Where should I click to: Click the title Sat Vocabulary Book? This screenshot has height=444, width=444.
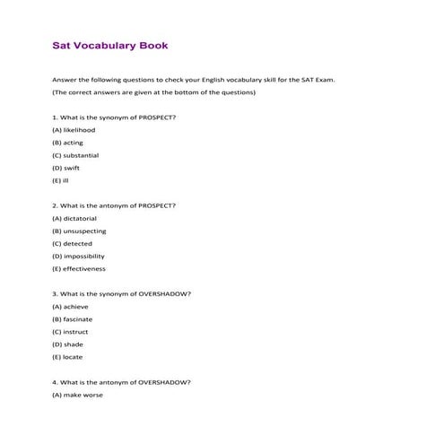click(x=110, y=45)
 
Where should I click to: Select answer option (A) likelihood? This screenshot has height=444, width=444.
click(x=74, y=130)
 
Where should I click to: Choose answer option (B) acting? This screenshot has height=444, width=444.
click(x=68, y=143)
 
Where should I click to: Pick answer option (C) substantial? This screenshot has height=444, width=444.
click(x=75, y=155)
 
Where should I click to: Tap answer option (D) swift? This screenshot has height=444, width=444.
click(x=66, y=168)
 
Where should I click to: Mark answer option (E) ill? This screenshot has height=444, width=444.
click(x=60, y=180)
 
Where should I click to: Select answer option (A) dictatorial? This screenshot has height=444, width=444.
click(x=74, y=218)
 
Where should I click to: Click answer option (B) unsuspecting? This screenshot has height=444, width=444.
click(x=79, y=231)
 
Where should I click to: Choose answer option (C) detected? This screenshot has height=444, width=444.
click(x=72, y=243)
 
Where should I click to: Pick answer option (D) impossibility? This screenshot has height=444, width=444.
click(x=79, y=256)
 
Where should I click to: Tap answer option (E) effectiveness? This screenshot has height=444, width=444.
click(x=79, y=268)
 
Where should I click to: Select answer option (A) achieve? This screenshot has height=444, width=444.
click(x=70, y=306)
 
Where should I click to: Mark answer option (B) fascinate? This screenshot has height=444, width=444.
click(x=72, y=318)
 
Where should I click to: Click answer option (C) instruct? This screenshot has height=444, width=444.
click(x=70, y=331)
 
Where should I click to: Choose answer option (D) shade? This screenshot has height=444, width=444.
click(x=67, y=344)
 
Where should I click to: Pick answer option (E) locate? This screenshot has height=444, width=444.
click(x=67, y=356)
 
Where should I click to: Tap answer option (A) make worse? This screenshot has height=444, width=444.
click(x=77, y=394)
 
